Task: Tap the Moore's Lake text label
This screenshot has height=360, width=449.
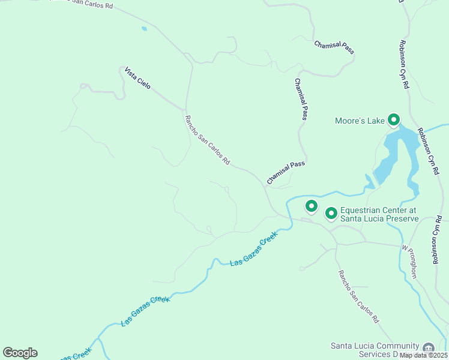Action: (x=359, y=121)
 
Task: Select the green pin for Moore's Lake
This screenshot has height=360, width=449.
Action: (x=394, y=120)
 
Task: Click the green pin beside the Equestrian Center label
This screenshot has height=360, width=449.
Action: (x=331, y=214)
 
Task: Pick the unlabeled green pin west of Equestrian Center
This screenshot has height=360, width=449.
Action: (x=311, y=206)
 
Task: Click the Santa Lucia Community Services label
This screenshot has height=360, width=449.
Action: (x=375, y=350)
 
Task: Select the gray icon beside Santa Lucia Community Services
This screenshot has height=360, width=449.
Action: (x=428, y=348)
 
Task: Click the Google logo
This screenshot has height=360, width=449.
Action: (x=20, y=353)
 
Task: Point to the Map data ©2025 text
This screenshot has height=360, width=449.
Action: (x=423, y=355)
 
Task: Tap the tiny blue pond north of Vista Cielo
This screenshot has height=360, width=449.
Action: (x=143, y=28)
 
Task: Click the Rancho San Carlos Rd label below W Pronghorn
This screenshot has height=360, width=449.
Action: (x=358, y=297)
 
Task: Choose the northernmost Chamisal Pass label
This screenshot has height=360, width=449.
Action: (x=334, y=47)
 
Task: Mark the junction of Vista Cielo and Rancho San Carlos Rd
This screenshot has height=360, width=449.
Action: (x=185, y=110)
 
